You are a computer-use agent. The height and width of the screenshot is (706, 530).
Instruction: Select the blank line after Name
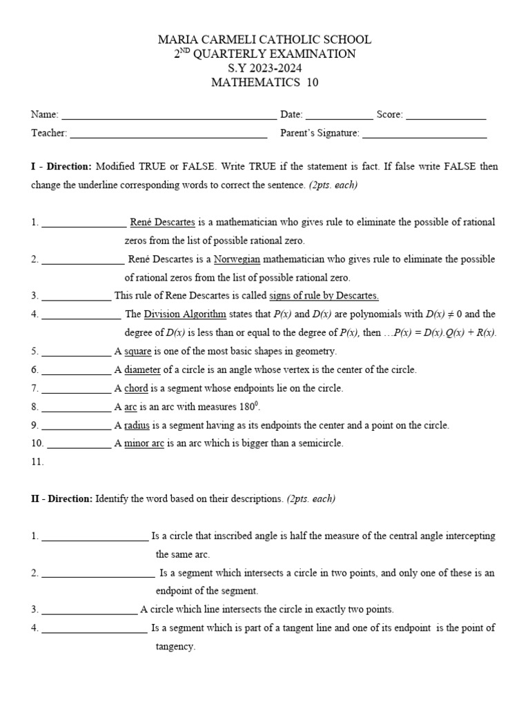click(168, 116)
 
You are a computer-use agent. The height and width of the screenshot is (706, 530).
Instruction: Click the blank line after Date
click(338, 116)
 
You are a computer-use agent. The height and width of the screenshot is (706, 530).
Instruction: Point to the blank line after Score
click(446, 116)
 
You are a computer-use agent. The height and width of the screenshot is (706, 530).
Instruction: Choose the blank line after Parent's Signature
click(424, 134)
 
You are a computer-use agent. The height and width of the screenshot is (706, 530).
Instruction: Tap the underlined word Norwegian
click(237, 259)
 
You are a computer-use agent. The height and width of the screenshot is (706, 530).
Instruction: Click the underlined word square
click(137, 352)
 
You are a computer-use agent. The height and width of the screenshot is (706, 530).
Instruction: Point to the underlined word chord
click(136, 389)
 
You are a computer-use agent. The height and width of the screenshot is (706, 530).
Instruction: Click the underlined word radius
click(138, 425)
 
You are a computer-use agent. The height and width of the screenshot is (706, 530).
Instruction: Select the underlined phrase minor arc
click(144, 443)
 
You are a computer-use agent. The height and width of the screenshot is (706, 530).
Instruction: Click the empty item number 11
click(37, 462)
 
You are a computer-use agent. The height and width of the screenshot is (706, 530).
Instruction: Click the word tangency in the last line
click(175, 647)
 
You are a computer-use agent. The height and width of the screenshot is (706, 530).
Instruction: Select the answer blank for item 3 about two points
click(90, 609)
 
